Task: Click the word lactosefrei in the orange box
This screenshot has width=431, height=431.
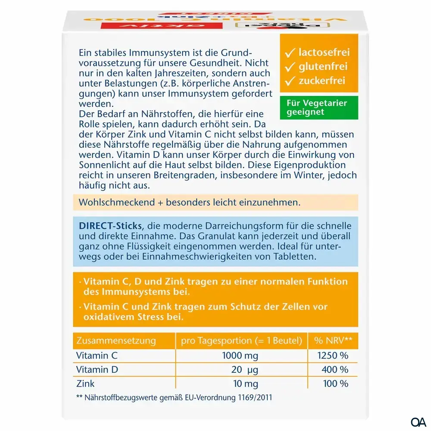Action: tap(324, 53)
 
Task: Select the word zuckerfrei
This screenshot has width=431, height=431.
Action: tap(322, 80)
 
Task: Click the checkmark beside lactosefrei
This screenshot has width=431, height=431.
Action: tap(290, 53)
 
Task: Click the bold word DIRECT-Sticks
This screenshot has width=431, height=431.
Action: tap(111, 226)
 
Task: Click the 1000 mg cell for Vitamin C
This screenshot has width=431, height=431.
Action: tap(240, 356)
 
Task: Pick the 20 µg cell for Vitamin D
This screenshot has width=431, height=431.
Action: tap(240, 370)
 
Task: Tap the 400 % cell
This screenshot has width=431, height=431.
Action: tap(334, 370)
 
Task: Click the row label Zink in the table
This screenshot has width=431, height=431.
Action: tap(85, 384)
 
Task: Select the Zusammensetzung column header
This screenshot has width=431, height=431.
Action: tap(116, 341)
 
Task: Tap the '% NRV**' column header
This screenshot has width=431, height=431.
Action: tap(333, 341)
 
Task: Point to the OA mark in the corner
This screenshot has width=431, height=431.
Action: tap(418, 421)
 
